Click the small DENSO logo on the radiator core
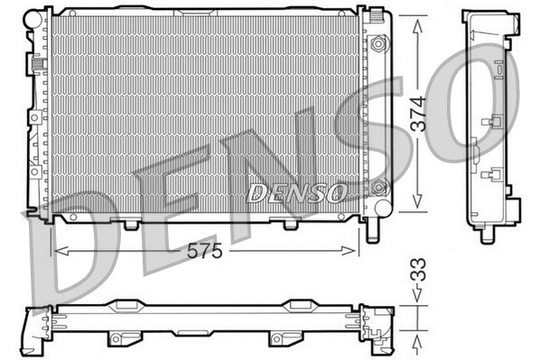click(x=295, y=191)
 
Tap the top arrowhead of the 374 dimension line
click(x=417, y=25)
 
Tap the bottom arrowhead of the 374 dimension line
click(x=417, y=205)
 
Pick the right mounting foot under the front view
click(x=291, y=222)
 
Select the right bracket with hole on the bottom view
click(x=277, y=338)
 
